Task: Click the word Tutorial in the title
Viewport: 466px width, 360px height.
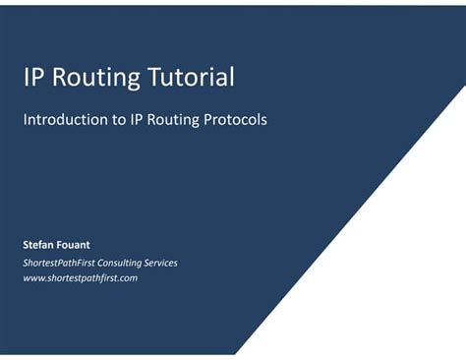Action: pos(192,77)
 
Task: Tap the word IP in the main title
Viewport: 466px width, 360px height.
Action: pos(35,77)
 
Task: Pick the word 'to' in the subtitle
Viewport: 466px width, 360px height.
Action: pos(116,120)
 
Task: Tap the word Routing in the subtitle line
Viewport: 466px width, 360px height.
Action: pos(172,120)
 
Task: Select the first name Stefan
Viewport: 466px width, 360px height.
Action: pos(38,242)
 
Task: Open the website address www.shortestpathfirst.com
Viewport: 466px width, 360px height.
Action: pos(80,278)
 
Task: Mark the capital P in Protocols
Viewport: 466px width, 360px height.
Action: pos(207,120)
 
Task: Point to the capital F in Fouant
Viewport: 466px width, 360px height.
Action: pos(62,242)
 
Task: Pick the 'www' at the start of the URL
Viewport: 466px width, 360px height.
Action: pos(32,278)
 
